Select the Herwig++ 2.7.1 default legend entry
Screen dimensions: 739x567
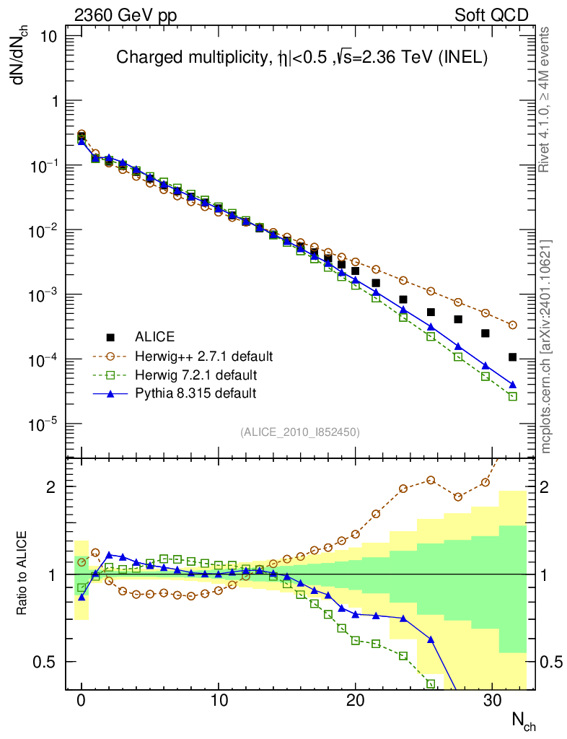203,357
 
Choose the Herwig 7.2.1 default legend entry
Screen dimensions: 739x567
196,375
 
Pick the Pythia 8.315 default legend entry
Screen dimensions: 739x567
195,394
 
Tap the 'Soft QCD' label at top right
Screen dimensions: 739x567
491,15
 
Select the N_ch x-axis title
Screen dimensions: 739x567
523,720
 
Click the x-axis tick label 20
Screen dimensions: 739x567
355,700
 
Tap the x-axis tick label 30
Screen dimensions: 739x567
492,700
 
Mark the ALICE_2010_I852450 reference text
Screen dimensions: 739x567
300,432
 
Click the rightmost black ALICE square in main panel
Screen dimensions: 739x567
512,357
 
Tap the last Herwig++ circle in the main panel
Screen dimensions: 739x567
513,325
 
